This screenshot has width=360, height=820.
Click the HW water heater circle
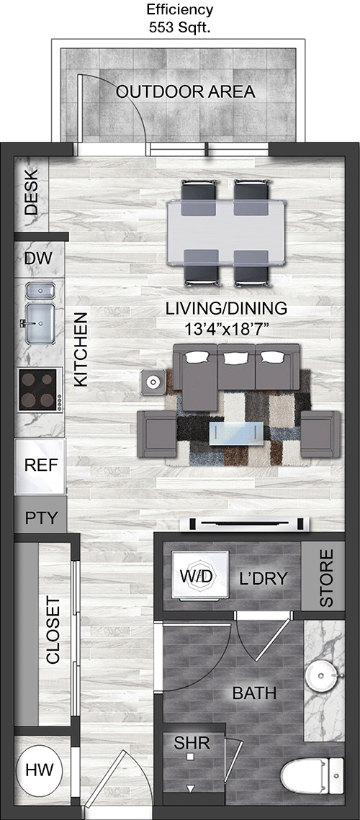coord(40,770)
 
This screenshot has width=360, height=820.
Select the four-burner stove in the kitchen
coord(40,389)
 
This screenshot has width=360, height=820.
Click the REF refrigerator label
coord(40,465)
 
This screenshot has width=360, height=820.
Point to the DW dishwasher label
coord(37,258)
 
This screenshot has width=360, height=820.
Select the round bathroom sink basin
coord(323,676)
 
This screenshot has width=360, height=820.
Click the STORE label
coord(325,578)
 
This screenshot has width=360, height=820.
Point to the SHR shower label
coord(192,742)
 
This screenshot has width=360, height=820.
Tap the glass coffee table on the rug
coord(236,433)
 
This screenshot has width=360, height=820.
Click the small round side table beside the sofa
coord(153,382)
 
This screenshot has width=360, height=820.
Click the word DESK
coord(32,194)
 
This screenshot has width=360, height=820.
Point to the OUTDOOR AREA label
coord(185,92)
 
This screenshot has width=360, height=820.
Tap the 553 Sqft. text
coord(179,27)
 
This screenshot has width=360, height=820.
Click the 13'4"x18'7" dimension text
coord(227,330)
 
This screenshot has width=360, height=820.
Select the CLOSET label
coord(53,635)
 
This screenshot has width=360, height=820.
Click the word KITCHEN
coord(80,350)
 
